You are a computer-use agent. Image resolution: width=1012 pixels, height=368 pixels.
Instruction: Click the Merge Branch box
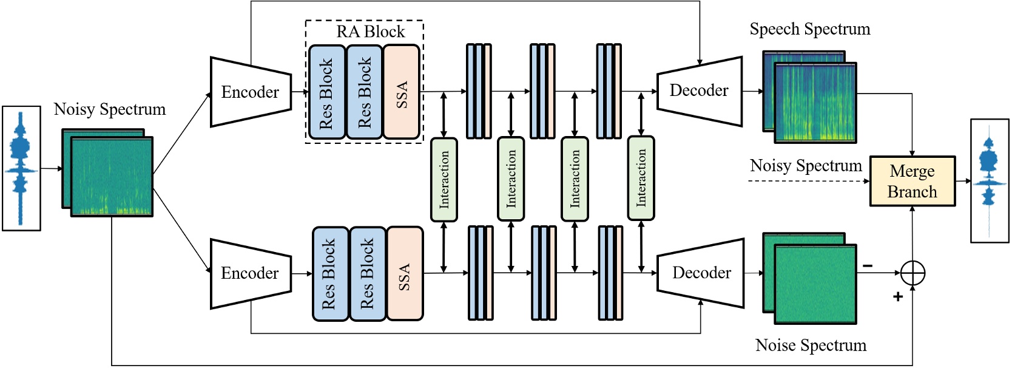coord(912,182)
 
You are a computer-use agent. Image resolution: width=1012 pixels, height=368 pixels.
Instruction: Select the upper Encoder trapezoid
coord(251,92)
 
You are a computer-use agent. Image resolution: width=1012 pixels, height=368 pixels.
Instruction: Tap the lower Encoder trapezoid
coord(251,273)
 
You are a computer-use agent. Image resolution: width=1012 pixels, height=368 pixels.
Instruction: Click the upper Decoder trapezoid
coord(699,91)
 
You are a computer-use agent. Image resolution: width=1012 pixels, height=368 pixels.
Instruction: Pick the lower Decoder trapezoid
coord(701,273)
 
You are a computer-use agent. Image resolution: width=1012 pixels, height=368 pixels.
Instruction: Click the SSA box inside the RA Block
coord(402,92)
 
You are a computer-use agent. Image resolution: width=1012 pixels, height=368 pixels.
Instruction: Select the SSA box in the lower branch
coord(404,274)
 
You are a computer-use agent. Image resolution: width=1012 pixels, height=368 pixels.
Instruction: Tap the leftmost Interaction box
coord(444,179)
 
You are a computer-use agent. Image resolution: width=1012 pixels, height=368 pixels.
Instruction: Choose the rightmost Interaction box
coord(641,178)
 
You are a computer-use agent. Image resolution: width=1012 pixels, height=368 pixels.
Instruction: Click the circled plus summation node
coord(912,273)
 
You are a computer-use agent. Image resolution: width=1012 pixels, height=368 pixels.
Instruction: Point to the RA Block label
coord(370,32)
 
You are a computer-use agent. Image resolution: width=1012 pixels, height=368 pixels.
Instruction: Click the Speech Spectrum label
coord(809,29)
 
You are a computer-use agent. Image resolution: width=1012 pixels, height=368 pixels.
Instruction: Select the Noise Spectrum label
coord(811,346)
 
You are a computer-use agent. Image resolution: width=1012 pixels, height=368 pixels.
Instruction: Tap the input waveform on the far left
coord(21,168)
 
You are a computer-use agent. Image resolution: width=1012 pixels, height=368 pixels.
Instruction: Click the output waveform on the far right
coord(990,181)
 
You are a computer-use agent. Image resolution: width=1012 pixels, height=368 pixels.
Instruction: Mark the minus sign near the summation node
coord(868,266)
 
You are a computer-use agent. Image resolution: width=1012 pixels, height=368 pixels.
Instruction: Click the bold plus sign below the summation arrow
coord(897,296)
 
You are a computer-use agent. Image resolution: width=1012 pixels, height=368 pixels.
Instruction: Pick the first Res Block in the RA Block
coord(326,92)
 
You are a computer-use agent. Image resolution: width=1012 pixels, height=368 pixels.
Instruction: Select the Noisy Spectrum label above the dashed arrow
coord(806,166)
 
